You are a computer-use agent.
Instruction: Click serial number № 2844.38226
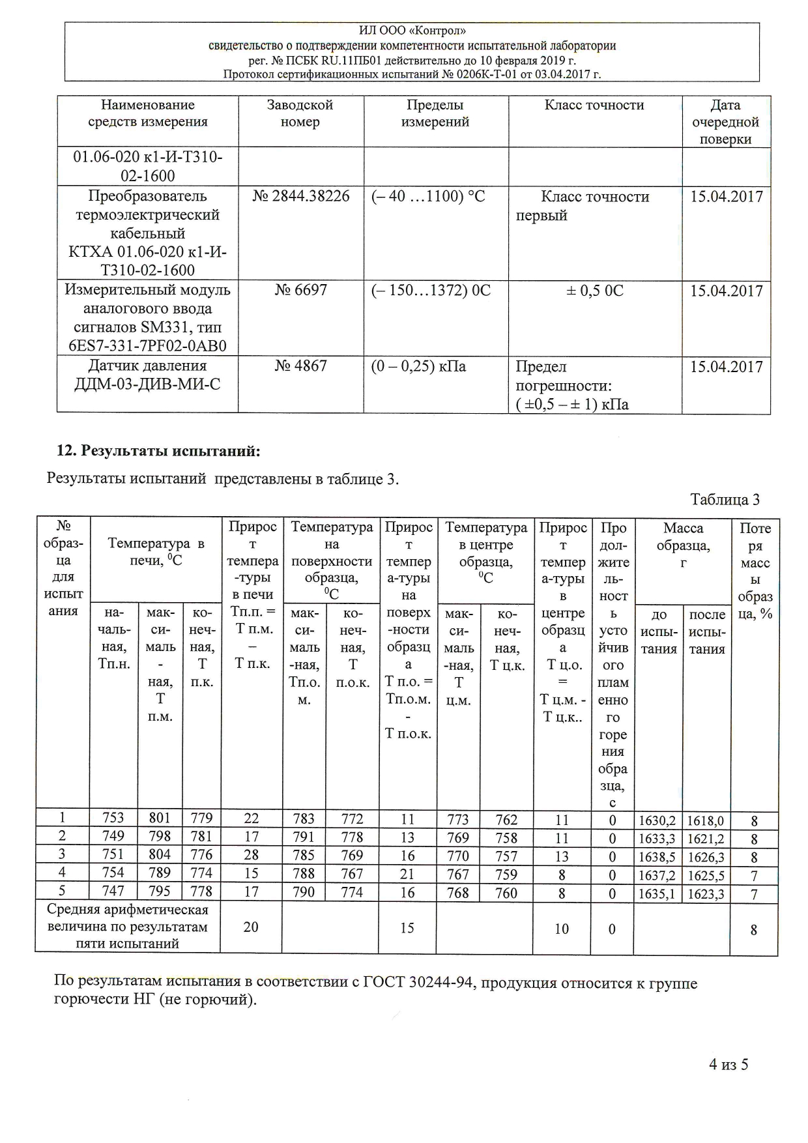(300, 196)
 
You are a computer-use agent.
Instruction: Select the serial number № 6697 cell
(300, 290)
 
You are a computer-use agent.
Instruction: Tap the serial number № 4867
(300, 366)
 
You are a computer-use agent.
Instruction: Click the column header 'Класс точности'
(594, 105)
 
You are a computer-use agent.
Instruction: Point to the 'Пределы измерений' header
(435, 113)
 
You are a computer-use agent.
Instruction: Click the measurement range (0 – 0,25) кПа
(419, 366)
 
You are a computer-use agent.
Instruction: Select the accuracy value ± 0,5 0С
(594, 291)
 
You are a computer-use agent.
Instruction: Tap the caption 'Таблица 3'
(725, 500)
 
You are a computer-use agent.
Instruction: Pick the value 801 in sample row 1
(160, 818)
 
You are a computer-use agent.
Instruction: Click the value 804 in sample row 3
(160, 855)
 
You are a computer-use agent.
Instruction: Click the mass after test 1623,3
(706, 894)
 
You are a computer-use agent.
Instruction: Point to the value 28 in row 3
(251, 855)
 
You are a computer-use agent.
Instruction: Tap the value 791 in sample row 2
(304, 837)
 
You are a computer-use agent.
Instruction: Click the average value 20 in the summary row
(251, 927)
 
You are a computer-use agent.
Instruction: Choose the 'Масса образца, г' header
(682, 545)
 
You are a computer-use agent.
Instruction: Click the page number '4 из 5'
(729, 1064)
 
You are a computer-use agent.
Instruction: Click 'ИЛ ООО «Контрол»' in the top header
(412, 31)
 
